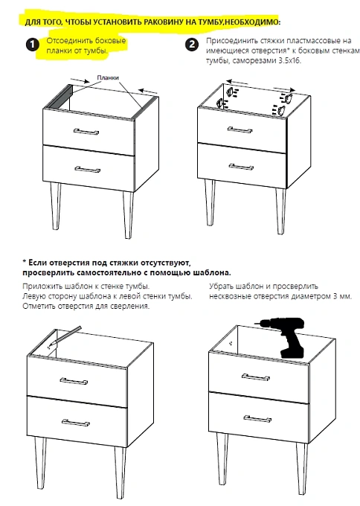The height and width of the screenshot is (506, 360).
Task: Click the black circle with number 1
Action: tap(33, 45)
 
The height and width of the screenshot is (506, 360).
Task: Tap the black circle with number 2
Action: tap(192, 44)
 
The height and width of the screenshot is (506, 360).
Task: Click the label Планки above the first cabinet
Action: tap(108, 78)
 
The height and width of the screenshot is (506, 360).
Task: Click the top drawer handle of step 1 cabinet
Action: tap(86, 132)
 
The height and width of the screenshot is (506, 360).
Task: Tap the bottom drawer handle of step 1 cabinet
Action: tap(88, 170)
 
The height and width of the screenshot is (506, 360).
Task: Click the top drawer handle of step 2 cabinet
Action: tap(240, 129)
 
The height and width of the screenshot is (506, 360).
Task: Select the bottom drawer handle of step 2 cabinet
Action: tap(241, 167)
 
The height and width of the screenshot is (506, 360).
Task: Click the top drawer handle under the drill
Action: tap(256, 377)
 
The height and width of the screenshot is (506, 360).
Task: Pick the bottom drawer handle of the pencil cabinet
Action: tap(76, 423)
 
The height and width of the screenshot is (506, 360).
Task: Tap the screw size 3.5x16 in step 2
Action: tap(289, 60)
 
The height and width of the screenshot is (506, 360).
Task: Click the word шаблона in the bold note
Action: tap(212, 272)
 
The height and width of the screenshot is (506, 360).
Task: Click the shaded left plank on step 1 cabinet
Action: tap(58, 98)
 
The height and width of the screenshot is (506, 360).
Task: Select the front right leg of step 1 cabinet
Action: tap(128, 215)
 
